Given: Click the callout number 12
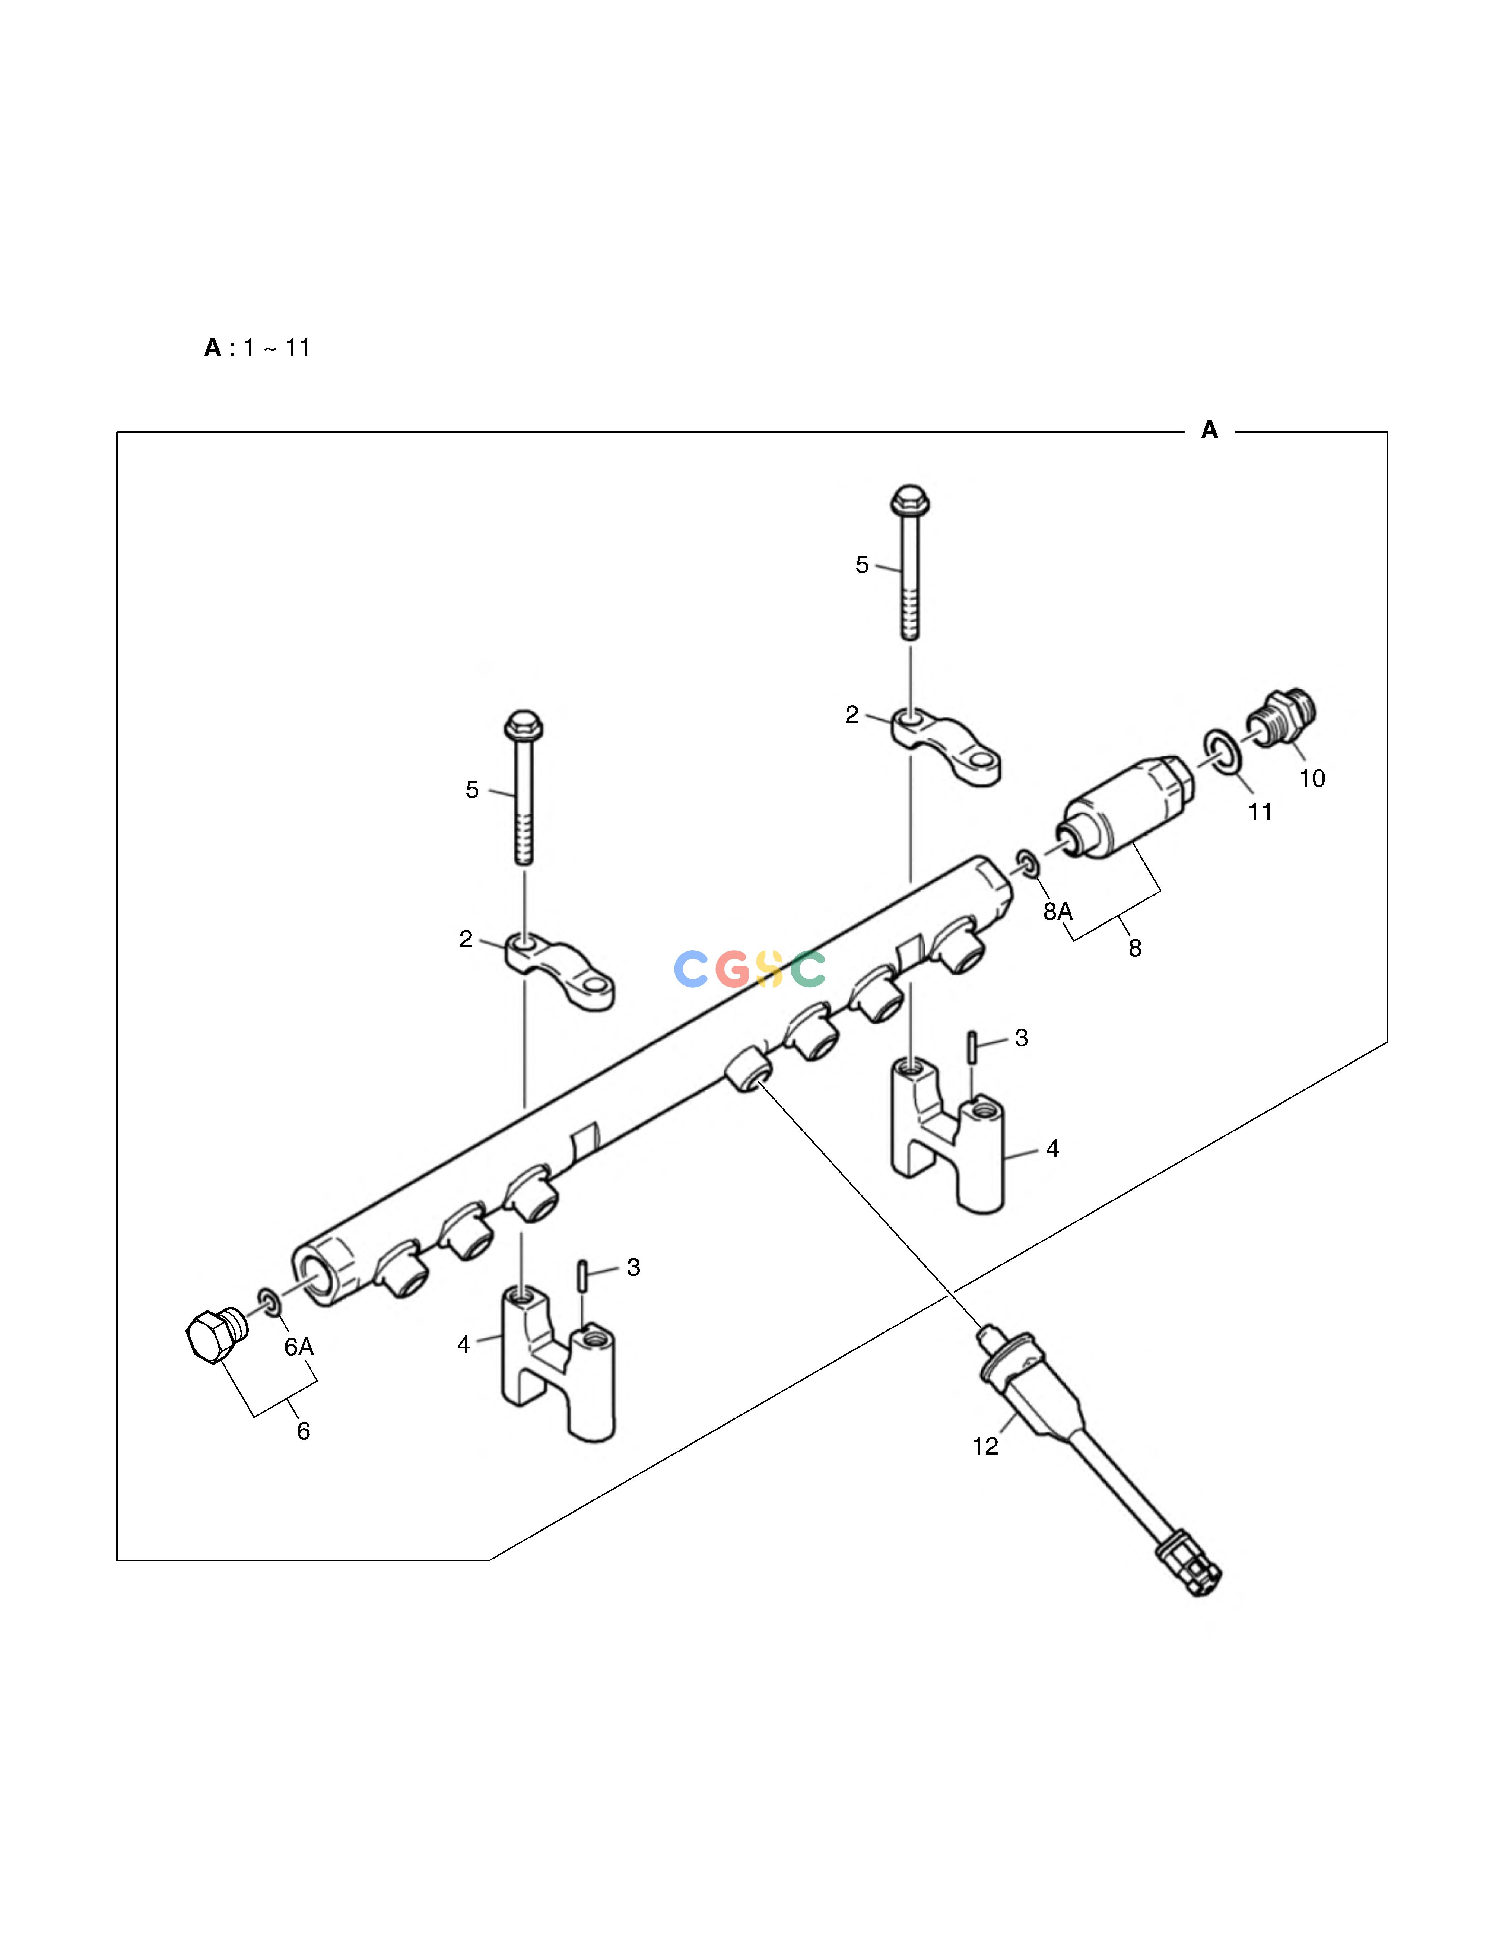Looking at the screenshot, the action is [x=985, y=1446].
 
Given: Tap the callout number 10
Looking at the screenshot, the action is [x=1312, y=778].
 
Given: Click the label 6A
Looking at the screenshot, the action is [x=299, y=1347].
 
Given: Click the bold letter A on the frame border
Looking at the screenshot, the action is [x=1209, y=431].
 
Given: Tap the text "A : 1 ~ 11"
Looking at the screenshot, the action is [x=257, y=348].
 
